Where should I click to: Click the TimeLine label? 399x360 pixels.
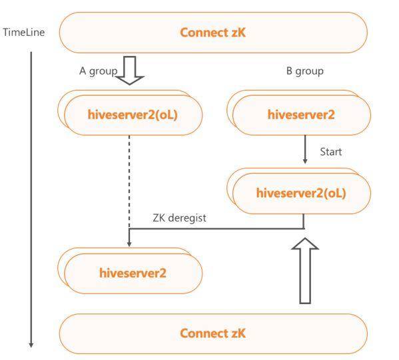click(24, 33)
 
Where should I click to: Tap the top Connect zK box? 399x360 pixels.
click(213, 33)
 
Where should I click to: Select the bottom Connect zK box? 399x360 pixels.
click(213, 333)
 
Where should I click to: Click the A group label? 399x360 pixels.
click(98, 71)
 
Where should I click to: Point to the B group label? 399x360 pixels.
click(305, 71)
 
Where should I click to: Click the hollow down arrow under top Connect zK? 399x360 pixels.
click(130, 71)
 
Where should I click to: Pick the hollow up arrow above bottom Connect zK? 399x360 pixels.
click(305, 271)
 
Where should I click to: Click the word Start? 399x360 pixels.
click(330, 152)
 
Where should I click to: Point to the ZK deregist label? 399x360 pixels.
click(179, 218)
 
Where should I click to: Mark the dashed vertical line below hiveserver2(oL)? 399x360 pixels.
click(129, 182)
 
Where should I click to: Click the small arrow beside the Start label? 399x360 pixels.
click(305, 149)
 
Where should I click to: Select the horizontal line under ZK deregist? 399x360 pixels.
click(216, 229)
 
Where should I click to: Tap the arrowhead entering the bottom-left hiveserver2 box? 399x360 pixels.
click(129, 244)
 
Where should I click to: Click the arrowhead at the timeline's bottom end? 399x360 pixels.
click(31, 345)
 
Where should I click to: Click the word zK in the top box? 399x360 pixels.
click(238, 33)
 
